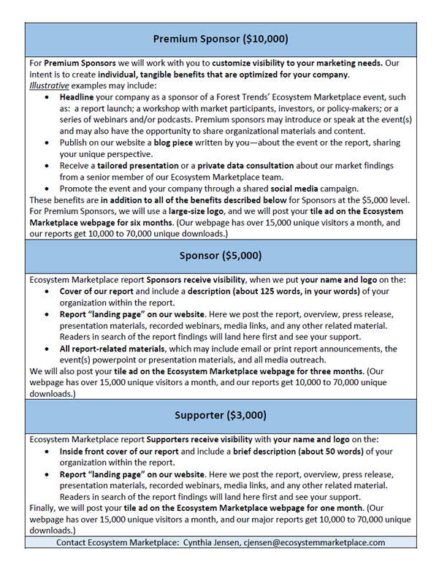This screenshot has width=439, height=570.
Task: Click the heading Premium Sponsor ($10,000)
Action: point(220,39)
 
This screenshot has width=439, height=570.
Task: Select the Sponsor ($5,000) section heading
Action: point(220,256)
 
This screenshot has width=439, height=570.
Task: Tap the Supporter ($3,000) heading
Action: point(220,415)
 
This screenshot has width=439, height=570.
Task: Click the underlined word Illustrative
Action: point(52,85)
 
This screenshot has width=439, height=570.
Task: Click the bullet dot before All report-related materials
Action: point(48,349)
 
